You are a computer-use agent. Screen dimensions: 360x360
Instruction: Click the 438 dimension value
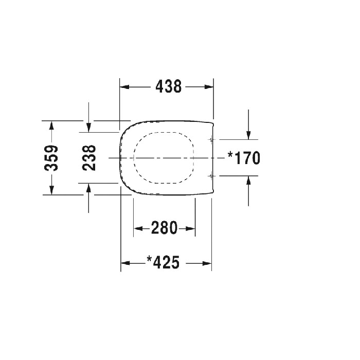[169, 87]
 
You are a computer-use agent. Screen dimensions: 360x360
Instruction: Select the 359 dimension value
[51, 158]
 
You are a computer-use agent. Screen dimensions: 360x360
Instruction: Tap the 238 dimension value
[89, 158]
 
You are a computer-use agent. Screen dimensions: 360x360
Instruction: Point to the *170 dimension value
[244, 158]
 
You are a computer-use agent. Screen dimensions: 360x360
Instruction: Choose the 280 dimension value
[165, 227]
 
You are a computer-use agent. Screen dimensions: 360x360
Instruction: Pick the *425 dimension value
[163, 262]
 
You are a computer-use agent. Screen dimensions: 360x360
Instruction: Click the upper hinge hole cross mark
[211, 139]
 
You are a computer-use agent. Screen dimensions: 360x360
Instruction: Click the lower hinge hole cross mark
[211, 176]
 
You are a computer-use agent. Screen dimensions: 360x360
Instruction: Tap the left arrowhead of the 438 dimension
[124, 87]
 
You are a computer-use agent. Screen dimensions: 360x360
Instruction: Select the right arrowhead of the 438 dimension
[209, 87]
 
